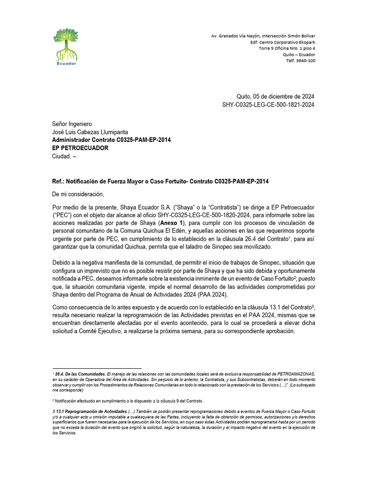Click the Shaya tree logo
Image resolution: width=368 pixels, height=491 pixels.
(66, 44)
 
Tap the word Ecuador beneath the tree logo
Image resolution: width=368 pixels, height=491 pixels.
(66, 63)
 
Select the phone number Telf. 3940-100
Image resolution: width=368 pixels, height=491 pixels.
(300, 60)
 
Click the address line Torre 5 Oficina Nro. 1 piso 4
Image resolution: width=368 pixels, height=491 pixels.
(287, 48)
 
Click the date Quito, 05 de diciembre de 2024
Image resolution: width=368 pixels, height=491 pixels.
(276, 96)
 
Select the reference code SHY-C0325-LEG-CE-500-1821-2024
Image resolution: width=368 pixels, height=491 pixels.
(268, 105)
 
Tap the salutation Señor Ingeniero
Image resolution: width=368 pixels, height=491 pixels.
(71, 124)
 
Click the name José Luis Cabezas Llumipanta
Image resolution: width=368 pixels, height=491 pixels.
(90, 132)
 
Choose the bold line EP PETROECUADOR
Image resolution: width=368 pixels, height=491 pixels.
(80, 148)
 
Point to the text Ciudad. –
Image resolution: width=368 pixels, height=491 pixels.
(64, 156)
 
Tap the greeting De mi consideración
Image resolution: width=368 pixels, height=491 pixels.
(78, 194)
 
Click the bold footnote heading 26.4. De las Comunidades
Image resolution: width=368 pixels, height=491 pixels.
(80, 374)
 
